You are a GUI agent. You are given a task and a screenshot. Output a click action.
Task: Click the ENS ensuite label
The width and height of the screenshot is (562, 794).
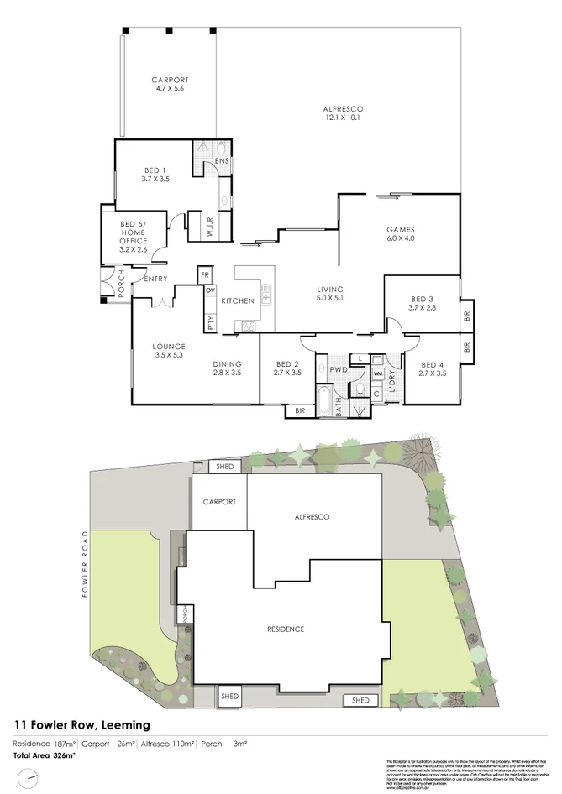pos(222,161)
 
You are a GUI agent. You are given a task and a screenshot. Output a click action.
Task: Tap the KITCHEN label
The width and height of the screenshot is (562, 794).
pos(236,301)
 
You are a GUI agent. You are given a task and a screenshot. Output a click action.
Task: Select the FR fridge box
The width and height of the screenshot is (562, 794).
pos(204,274)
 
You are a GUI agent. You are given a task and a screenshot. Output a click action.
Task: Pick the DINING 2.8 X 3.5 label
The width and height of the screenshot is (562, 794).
pos(227,367)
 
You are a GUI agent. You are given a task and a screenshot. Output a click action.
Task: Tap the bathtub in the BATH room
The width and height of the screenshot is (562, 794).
pos(324,401)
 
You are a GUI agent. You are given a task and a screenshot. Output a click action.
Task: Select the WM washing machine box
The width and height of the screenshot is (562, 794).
pos(377,373)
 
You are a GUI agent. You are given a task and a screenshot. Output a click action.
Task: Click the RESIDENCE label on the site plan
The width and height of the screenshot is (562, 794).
pos(286,629)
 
